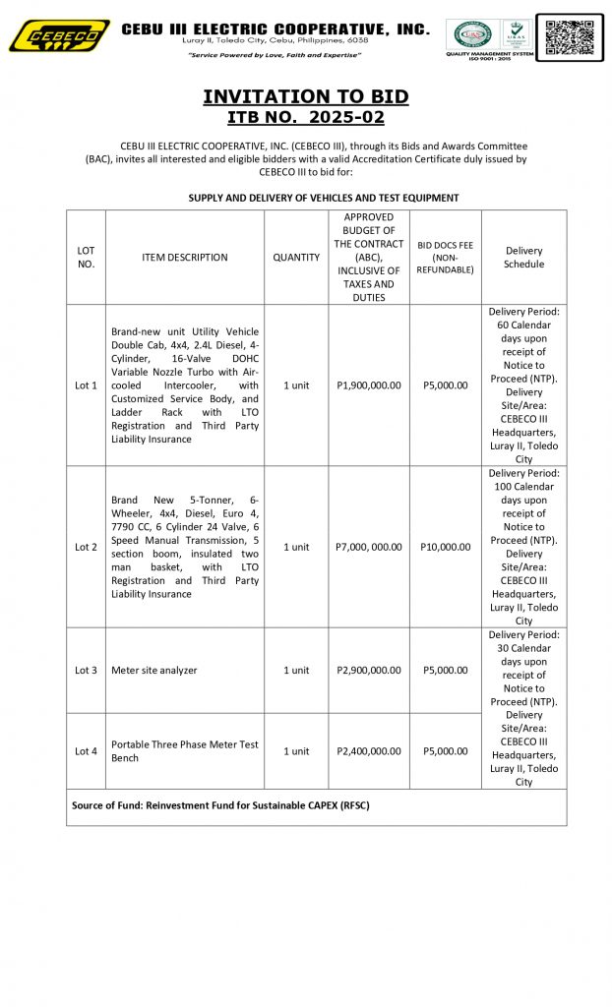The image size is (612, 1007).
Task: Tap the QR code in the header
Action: click(x=570, y=37)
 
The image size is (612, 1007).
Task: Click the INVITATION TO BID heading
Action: click(x=305, y=96)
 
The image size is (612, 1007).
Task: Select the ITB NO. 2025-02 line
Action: click(x=305, y=118)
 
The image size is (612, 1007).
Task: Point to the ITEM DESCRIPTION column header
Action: click(x=184, y=258)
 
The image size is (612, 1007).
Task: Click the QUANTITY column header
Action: click(x=296, y=258)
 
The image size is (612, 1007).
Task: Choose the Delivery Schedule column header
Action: click(x=523, y=258)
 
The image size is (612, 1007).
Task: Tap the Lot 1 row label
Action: click(x=86, y=385)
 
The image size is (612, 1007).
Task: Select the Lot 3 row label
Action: click(x=86, y=671)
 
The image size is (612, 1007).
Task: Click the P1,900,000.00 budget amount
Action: click(x=369, y=385)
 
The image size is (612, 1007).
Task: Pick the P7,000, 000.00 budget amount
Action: click(x=369, y=547)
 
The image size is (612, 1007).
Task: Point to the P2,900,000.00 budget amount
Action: click(x=369, y=671)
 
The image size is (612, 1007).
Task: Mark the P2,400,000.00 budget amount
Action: click(x=369, y=751)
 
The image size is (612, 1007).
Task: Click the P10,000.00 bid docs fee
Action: click(x=445, y=547)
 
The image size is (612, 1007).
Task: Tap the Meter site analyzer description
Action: click(x=154, y=671)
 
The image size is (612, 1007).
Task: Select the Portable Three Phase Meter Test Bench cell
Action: click(x=184, y=751)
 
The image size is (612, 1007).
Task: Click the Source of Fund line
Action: click(x=220, y=805)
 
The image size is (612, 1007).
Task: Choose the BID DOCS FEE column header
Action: click(x=445, y=258)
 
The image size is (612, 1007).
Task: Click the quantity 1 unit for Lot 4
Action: click(x=296, y=751)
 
